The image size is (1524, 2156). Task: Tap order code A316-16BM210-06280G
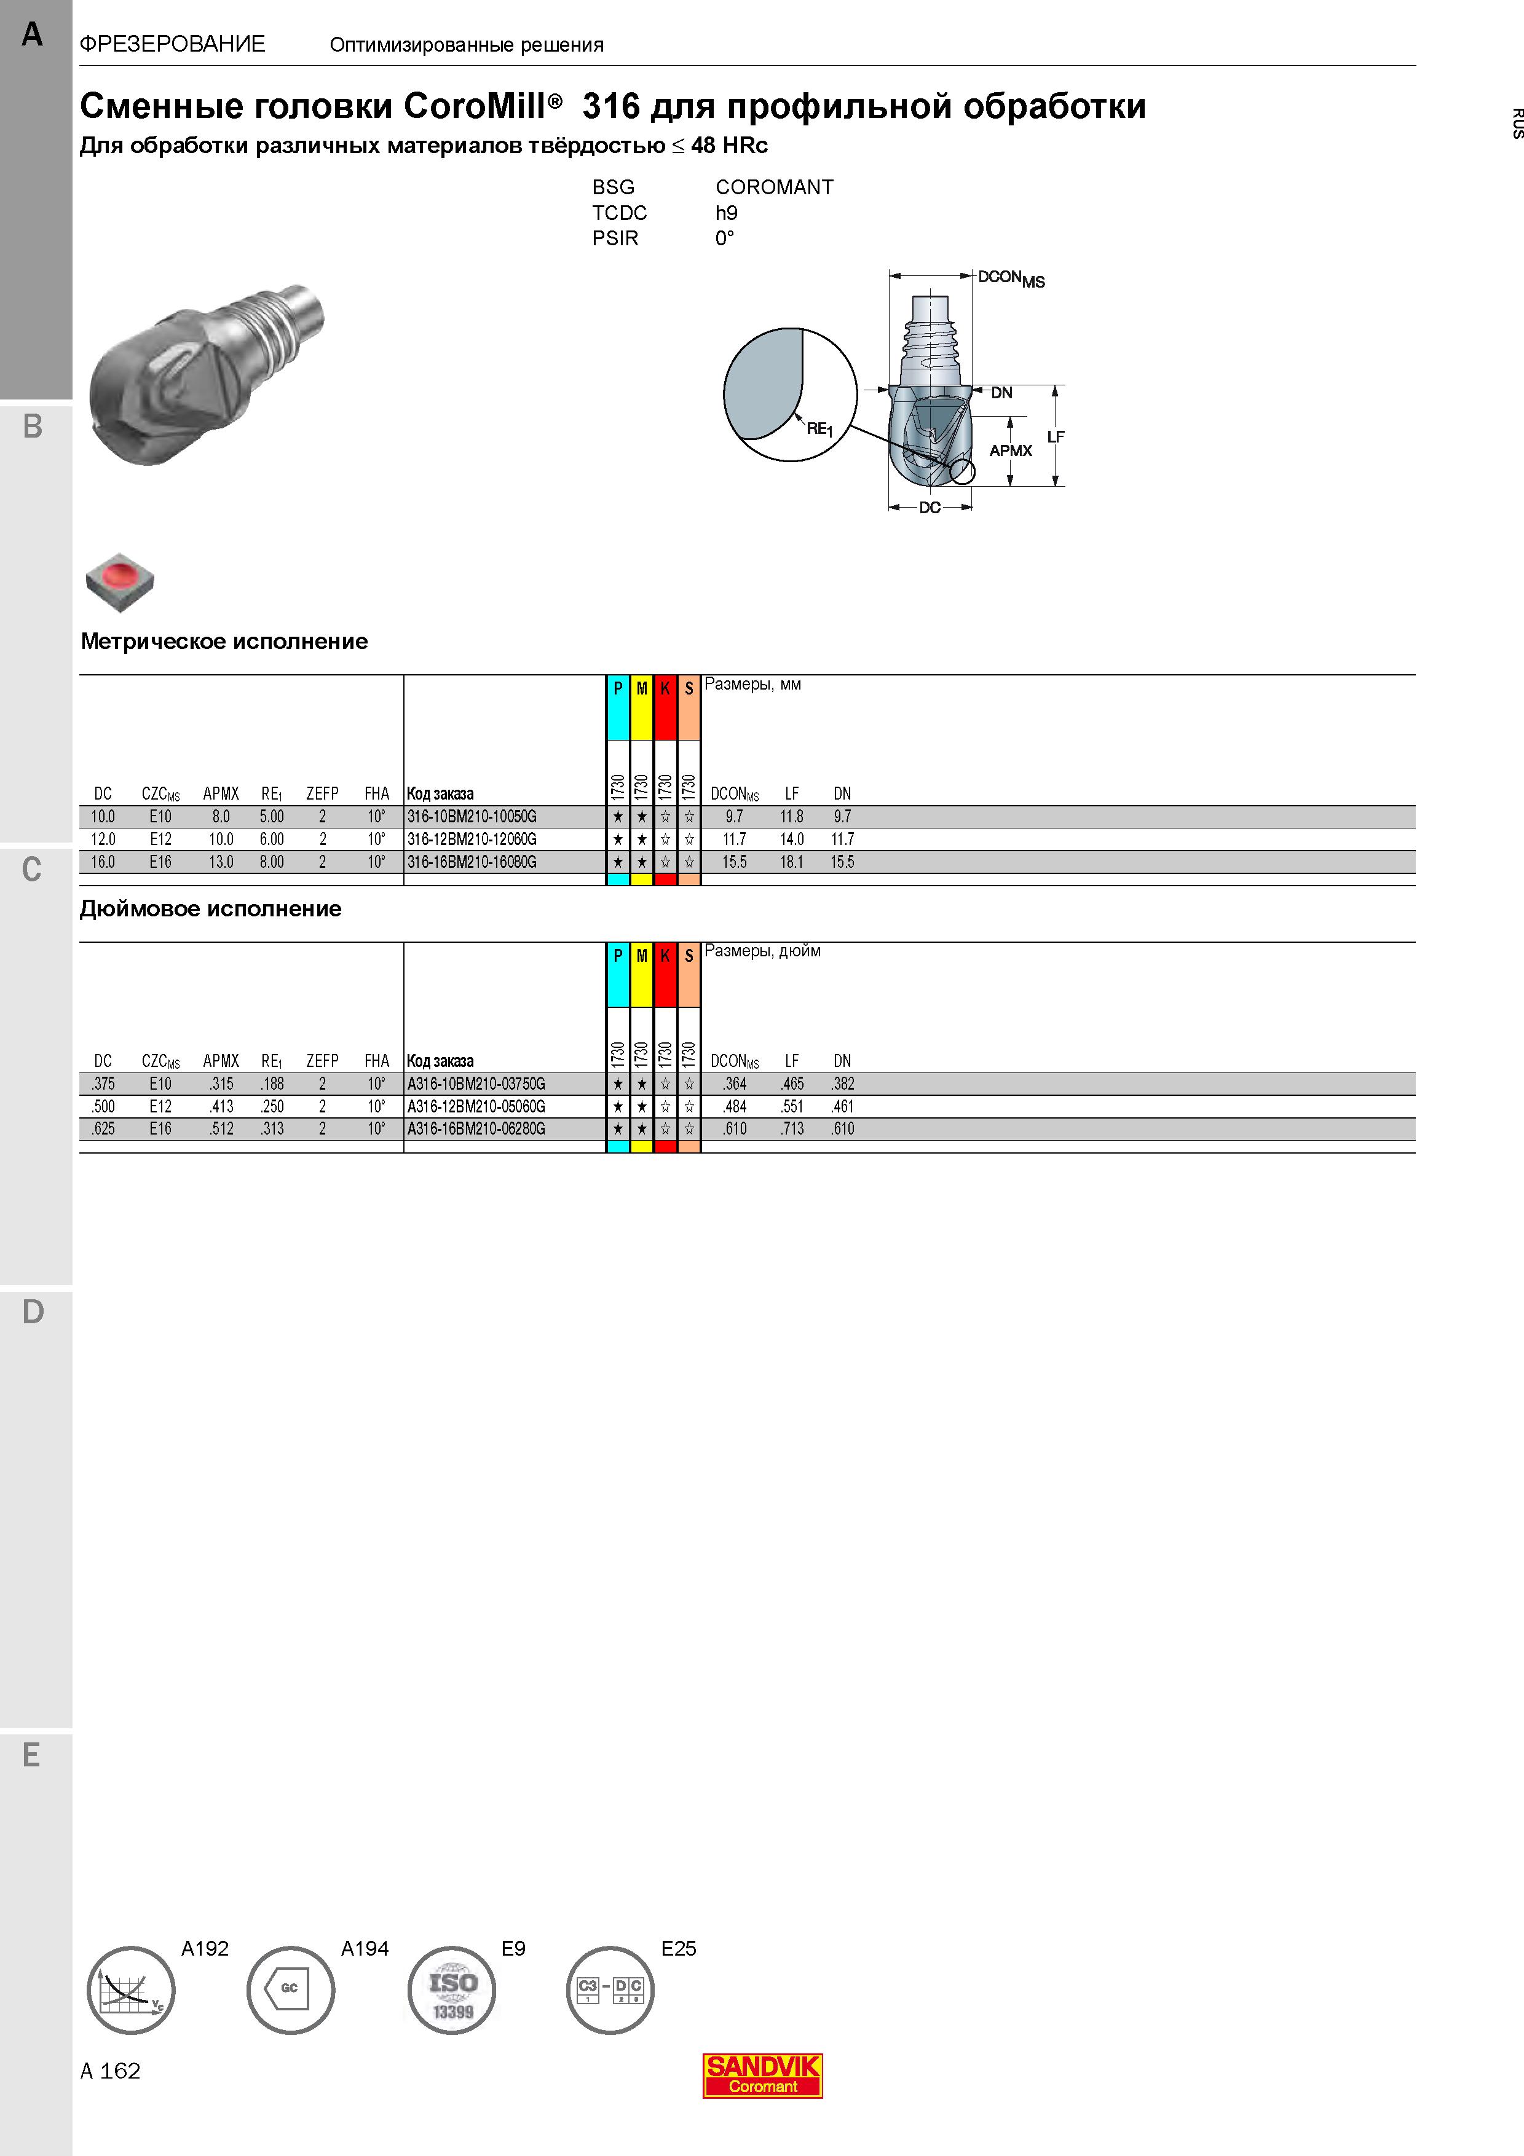point(476,1129)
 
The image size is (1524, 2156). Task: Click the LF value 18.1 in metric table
point(792,862)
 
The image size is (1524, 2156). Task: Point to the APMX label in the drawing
point(1011,450)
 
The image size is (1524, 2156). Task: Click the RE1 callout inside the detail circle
point(819,428)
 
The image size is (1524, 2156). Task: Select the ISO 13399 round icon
point(452,1989)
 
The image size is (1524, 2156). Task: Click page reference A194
point(365,1948)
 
